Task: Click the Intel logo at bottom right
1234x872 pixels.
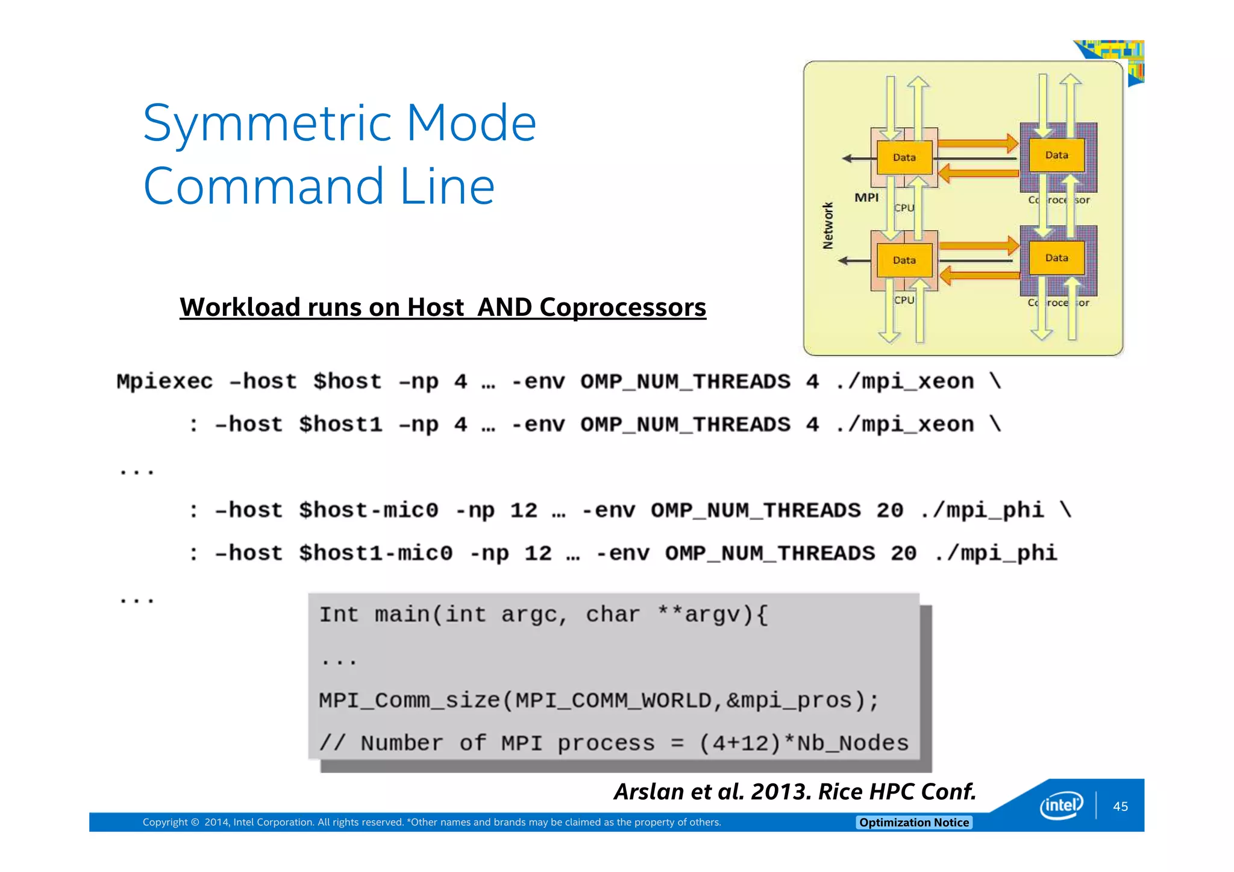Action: click(1061, 806)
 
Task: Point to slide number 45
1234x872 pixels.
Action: click(1120, 807)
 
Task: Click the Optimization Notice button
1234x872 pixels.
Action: click(913, 823)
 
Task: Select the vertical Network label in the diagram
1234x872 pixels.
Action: click(828, 226)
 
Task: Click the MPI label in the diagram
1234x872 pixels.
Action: click(866, 198)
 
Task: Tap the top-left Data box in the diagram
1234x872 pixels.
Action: click(904, 157)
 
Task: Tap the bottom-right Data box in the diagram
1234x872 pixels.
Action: click(1056, 258)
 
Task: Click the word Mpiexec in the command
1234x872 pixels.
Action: click(164, 382)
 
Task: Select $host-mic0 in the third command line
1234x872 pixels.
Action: click(369, 511)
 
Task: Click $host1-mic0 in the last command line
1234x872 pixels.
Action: click(375, 554)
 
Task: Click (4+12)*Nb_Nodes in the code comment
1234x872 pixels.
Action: click(803, 744)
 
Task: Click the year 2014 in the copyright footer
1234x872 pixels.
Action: click(216, 823)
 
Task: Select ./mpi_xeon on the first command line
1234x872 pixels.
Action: click(904, 382)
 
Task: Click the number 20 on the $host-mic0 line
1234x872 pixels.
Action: click(890, 511)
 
